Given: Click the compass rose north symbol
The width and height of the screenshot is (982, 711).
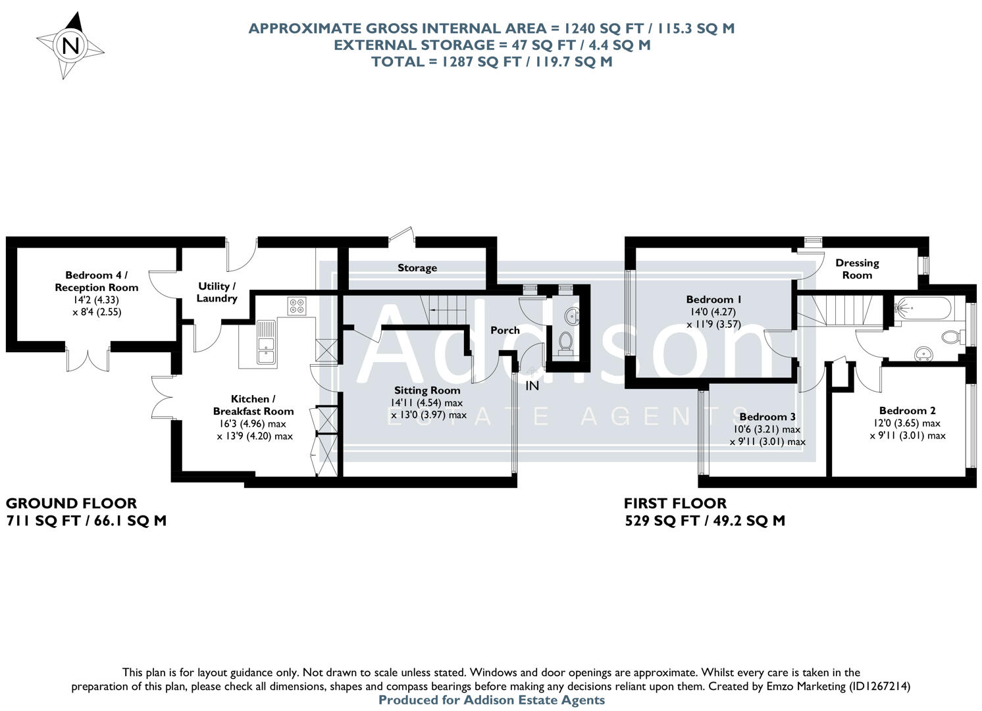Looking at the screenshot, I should click(70, 46).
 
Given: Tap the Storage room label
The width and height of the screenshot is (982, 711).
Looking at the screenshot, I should click(417, 268).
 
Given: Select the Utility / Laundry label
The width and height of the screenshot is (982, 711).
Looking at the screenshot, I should click(217, 292).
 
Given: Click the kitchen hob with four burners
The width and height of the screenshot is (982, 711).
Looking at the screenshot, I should click(296, 305).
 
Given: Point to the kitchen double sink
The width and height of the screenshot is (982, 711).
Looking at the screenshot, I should click(267, 342).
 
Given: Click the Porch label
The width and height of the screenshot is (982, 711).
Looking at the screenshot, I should click(505, 330).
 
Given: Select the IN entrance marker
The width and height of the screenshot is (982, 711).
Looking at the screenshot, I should click(532, 386).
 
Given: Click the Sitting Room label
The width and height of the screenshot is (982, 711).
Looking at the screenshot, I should click(427, 390).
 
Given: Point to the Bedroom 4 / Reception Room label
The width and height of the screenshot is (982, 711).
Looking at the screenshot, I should click(97, 281).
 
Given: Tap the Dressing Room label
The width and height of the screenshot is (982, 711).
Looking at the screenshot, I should click(857, 269).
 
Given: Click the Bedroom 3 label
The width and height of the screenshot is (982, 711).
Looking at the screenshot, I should click(767, 417).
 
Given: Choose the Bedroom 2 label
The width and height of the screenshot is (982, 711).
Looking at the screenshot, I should click(907, 411).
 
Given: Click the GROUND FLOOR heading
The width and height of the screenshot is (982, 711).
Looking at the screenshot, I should click(71, 504).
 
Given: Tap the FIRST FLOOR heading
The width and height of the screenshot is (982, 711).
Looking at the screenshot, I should click(675, 504).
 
